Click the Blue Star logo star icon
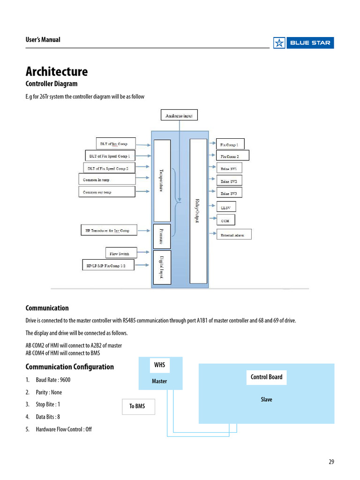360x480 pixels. pos(279,43)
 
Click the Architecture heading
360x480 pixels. pos(56,72)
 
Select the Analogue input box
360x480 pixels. pos(179,115)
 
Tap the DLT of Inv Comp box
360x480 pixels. pos(115,143)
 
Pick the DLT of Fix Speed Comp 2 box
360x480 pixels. pos(109,168)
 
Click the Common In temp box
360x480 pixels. pos(106,180)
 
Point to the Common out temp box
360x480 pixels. pos(106,192)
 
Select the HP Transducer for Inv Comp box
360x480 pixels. pos(108,231)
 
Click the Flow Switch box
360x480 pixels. pos(121,254)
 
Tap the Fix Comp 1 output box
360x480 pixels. pos(230,144)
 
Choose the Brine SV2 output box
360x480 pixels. pos(229,181)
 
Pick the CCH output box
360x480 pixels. pos(225,219)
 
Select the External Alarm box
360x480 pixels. pos(233,234)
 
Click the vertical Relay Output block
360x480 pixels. pos(198,211)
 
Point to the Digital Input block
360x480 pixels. pos(162,267)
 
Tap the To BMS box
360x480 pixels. pos(137,406)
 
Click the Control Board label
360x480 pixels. pos(266,377)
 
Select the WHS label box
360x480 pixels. pos(160,365)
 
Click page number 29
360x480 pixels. pos(331,462)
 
